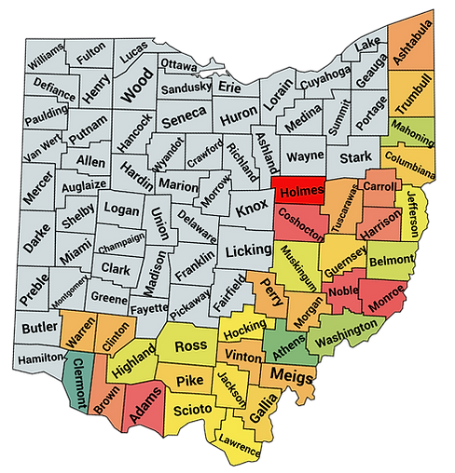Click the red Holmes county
[x=297, y=192]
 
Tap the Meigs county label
[x=288, y=374]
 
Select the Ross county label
[x=190, y=346]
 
